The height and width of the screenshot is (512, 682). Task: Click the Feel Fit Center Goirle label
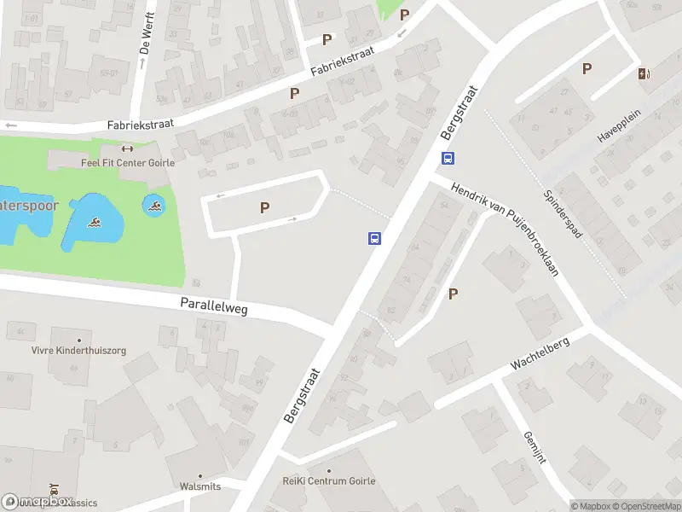pyautogui.click(x=127, y=162)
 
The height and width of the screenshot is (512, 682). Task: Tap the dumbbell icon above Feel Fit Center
pyautogui.click(x=128, y=148)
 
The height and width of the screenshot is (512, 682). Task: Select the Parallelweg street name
pyautogui.click(x=213, y=306)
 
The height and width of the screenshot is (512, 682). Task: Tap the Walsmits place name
pyautogui.click(x=200, y=486)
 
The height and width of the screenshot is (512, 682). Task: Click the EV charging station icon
pyautogui.click(x=643, y=73)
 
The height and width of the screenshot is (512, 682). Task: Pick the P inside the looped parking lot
pyautogui.click(x=264, y=207)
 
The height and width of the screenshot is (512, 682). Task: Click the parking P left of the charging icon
pyautogui.click(x=587, y=69)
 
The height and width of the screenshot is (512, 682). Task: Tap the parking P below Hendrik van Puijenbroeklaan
pyautogui.click(x=453, y=294)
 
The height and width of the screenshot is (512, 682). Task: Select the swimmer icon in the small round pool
pyautogui.click(x=154, y=205)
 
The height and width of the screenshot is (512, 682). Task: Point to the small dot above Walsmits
pyautogui.click(x=200, y=476)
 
